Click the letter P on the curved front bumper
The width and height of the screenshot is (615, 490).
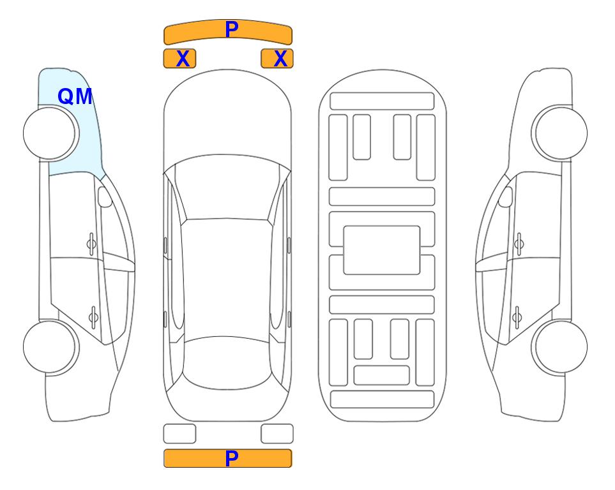tap(232, 29)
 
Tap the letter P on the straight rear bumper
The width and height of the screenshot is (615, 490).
tap(232, 458)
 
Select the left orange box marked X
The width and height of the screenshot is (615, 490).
tap(179, 59)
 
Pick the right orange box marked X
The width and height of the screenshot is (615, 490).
tap(277, 59)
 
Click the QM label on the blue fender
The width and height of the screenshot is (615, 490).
tap(75, 96)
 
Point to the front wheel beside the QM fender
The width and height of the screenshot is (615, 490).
tap(51, 133)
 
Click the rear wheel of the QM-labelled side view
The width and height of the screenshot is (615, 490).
tap(51, 347)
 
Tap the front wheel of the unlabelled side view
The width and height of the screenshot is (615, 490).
tap(559, 133)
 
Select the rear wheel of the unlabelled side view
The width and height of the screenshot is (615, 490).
tap(559, 347)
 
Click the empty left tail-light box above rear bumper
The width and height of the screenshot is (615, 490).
tap(179, 434)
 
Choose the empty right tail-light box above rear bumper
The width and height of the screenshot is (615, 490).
tap(277, 434)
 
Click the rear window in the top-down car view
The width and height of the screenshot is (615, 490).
tap(227, 362)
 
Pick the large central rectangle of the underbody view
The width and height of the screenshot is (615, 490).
tap(382, 250)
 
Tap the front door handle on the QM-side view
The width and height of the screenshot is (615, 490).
tap(91, 244)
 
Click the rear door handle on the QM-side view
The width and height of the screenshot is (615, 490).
tap(93, 316)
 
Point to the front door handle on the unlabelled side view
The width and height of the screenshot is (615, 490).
tap(519, 244)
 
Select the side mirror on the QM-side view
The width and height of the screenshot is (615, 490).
tap(105, 197)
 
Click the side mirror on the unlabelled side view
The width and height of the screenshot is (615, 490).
tap(506, 197)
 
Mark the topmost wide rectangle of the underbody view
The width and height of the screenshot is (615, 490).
tap(382, 101)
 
